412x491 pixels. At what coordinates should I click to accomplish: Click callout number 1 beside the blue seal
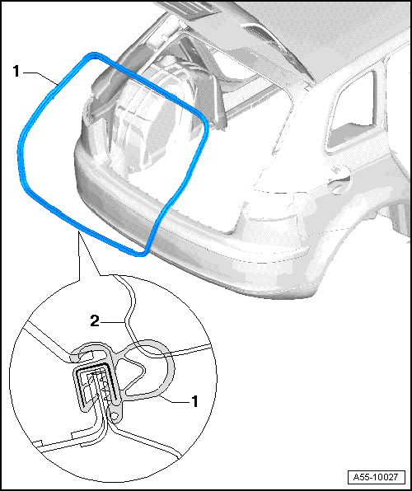click(16, 72)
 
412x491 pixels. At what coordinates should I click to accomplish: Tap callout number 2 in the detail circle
click(95, 321)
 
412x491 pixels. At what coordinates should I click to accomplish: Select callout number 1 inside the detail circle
click(195, 401)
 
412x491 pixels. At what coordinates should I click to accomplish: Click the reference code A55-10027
click(376, 477)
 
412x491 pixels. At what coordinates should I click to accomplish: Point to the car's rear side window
click(353, 112)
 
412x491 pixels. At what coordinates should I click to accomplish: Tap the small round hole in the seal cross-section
click(115, 416)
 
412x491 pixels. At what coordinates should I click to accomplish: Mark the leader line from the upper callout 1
click(40, 77)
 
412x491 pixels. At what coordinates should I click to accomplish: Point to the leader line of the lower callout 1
click(173, 400)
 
